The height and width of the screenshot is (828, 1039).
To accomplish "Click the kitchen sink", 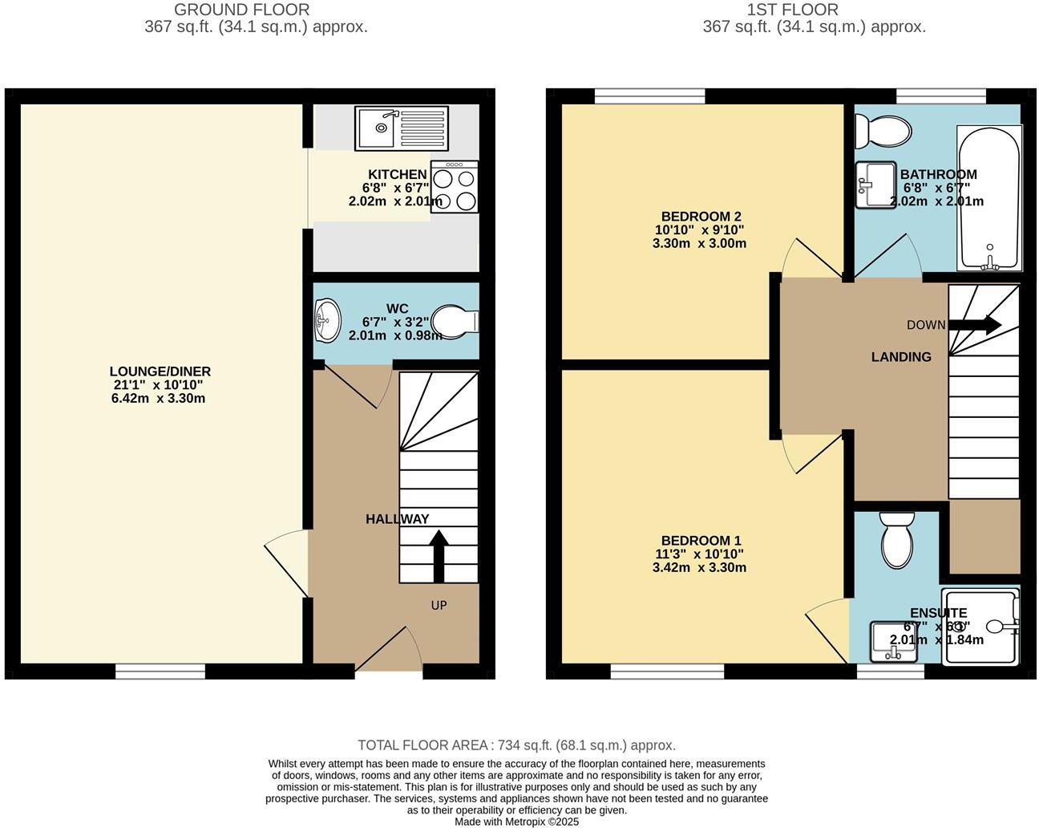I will (x=401, y=128).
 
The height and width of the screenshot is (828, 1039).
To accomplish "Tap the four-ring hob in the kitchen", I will (x=455, y=187).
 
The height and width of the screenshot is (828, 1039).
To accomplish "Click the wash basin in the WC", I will (x=327, y=320).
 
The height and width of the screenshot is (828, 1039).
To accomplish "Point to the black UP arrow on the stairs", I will (x=439, y=554).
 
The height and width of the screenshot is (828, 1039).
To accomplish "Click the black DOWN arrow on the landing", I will (x=974, y=325).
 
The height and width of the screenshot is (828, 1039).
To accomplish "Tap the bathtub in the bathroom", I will (x=989, y=197).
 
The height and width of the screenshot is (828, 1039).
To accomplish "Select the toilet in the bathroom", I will (x=882, y=131).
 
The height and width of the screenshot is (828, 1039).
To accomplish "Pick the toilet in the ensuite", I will (x=896, y=541).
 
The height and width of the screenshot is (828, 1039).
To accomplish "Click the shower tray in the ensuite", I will (x=981, y=627).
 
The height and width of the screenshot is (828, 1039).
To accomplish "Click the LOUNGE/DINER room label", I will (x=160, y=371).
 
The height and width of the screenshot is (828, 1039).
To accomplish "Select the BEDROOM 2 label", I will (x=701, y=216).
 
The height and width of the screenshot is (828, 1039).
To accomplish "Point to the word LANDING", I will (x=901, y=357).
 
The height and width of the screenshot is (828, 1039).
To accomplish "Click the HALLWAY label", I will (x=398, y=519).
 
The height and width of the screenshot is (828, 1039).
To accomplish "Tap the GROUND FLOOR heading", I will (x=241, y=10).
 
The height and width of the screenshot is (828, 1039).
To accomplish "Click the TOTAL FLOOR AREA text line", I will (x=516, y=745).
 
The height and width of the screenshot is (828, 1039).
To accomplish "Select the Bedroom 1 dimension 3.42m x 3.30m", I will (x=699, y=567).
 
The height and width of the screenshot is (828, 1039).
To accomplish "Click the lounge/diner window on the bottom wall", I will (x=160, y=672).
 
